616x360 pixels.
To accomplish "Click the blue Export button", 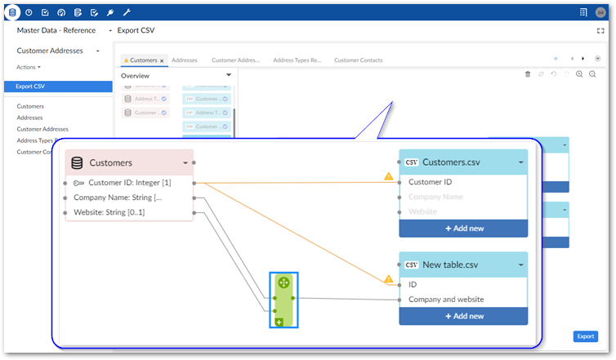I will coord(585,336).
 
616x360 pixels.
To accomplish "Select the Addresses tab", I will coord(184,60).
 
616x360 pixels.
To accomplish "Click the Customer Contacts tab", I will coord(358,60).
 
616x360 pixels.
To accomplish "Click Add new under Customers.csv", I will coord(463,228).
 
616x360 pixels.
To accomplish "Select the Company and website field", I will coord(446,300).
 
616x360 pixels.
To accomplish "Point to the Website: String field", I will coord(109,213).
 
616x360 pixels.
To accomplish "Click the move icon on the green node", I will coord(283,282).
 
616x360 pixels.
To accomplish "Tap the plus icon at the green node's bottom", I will coord(279,322).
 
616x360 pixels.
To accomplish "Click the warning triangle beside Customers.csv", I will coord(389,176).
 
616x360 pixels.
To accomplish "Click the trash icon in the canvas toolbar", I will coord(528,74).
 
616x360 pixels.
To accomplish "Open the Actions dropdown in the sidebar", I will coord(29,67).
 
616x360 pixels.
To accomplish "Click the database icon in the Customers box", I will coord(78,162).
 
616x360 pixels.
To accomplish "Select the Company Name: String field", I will coord(118,198).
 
